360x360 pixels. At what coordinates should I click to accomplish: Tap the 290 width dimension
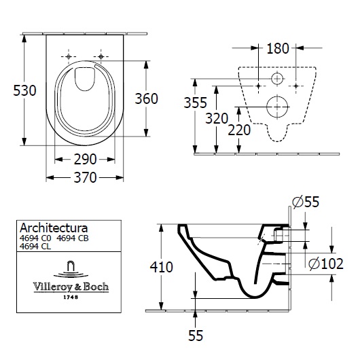pos(85,160)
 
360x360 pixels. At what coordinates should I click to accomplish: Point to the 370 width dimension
pos(85,177)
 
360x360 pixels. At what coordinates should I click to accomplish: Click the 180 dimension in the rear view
pos(278,48)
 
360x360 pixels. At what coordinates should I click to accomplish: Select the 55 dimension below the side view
pos(195,335)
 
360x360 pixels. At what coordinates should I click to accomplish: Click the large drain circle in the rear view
pos(278,106)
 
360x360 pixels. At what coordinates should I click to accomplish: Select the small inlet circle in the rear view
pos(278,80)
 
